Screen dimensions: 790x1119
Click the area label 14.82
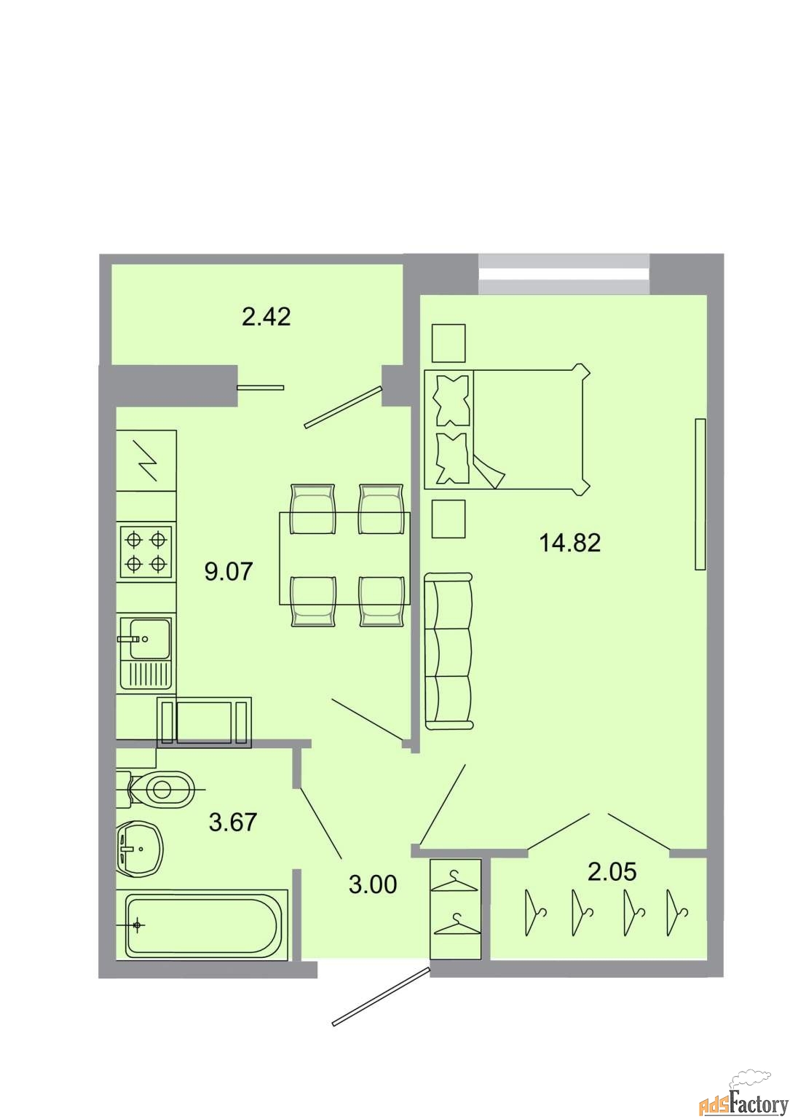pyautogui.click(x=569, y=543)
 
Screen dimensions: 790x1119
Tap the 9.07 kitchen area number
pyautogui.click(x=229, y=571)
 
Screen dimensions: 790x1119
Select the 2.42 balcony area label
pyautogui.click(x=266, y=317)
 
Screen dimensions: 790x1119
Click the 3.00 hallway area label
pyautogui.click(x=373, y=884)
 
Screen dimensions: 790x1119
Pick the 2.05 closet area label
pyautogui.click(x=612, y=871)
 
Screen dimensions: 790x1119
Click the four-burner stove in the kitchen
pyautogui.click(x=146, y=552)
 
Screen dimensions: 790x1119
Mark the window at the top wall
pyautogui.click(x=564, y=274)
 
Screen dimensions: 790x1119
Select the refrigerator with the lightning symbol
pyautogui.click(x=146, y=460)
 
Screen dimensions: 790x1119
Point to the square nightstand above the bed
pyautogui.click(x=449, y=342)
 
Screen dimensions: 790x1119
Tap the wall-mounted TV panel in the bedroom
pyautogui.click(x=700, y=493)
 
